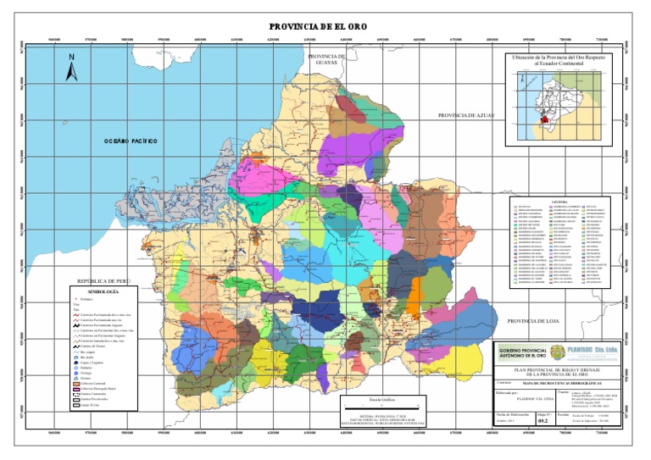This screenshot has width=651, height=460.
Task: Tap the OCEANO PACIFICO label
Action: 131,141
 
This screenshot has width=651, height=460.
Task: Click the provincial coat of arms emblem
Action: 556,353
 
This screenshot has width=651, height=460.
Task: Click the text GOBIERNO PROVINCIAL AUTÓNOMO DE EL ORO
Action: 520,354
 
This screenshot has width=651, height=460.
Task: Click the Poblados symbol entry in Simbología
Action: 94,300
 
